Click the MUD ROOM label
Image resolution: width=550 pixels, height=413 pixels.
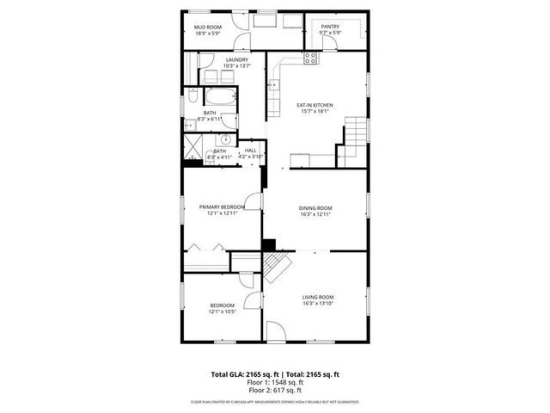click(x=208, y=28)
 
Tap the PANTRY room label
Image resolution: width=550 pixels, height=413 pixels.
click(x=330, y=27)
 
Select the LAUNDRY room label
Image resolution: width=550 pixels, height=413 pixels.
click(x=236, y=59)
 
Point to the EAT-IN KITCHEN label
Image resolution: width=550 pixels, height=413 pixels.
click(x=315, y=105)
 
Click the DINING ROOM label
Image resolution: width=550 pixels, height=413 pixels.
click(x=315, y=208)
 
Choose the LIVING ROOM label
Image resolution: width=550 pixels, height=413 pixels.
click(x=318, y=297)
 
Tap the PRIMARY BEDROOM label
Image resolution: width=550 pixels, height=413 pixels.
click(x=222, y=207)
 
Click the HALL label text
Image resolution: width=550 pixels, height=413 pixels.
click(x=251, y=151)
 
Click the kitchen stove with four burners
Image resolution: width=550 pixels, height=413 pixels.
click(x=310, y=59)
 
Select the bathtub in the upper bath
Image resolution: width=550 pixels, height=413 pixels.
click(x=223, y=96)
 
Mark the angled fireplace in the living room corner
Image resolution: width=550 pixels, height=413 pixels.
click(x=275, y=268)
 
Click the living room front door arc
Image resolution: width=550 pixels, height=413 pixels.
click(x=275, y=331)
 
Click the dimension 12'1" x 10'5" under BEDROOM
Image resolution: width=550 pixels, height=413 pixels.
click(x=222, y=311)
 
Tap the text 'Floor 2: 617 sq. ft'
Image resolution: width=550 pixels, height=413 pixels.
click(x=275, y=391)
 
